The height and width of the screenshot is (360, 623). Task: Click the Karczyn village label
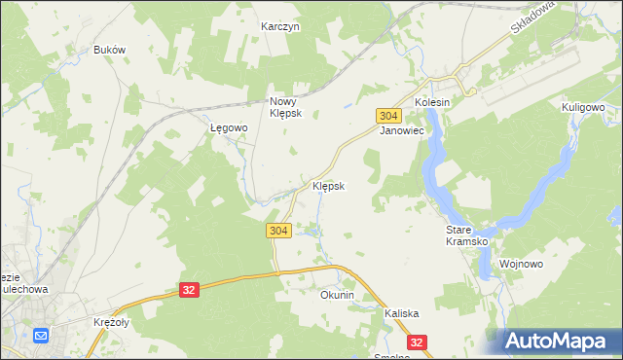(x=280, y=27)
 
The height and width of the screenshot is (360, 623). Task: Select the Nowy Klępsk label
(x=286, y=106)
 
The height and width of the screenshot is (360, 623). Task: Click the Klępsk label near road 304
(x=328, y=185)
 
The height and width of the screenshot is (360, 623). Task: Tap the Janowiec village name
(x=400, y=129)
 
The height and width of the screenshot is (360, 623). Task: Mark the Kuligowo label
(x=584, y=107)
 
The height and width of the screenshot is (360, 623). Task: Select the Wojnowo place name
(x=520, y=264)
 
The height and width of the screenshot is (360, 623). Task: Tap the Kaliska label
(x=401, y=313)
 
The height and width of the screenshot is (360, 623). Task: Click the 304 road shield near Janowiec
(x=387, y=115)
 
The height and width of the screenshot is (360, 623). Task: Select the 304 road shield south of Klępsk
(x=277, y=230)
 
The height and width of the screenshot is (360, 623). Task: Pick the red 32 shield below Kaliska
(x=418, y=342)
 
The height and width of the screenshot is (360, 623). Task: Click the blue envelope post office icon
(x=41, y=336)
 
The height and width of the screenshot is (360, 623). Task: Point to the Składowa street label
(x=531, y=18)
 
